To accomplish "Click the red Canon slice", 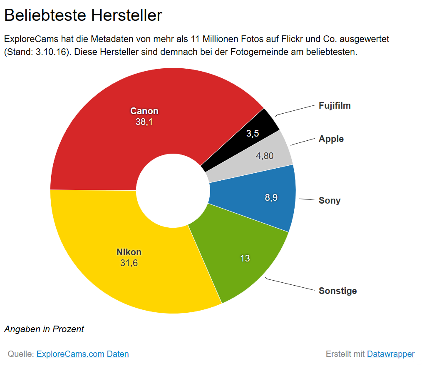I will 96,137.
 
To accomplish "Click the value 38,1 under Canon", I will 144,122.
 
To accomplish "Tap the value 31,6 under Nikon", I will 129,263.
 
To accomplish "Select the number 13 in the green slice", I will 245,259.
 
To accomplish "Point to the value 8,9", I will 271,198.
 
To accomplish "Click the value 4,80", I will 265,156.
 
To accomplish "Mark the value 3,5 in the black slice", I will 253,134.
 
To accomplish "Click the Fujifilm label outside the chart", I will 335,106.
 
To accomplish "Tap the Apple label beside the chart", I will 331,139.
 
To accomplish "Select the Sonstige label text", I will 337,291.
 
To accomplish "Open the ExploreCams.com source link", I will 70,354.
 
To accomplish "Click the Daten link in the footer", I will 118,354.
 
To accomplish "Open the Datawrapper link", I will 390,354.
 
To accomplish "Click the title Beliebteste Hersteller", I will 83,15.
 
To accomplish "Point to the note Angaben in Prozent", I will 44,329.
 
